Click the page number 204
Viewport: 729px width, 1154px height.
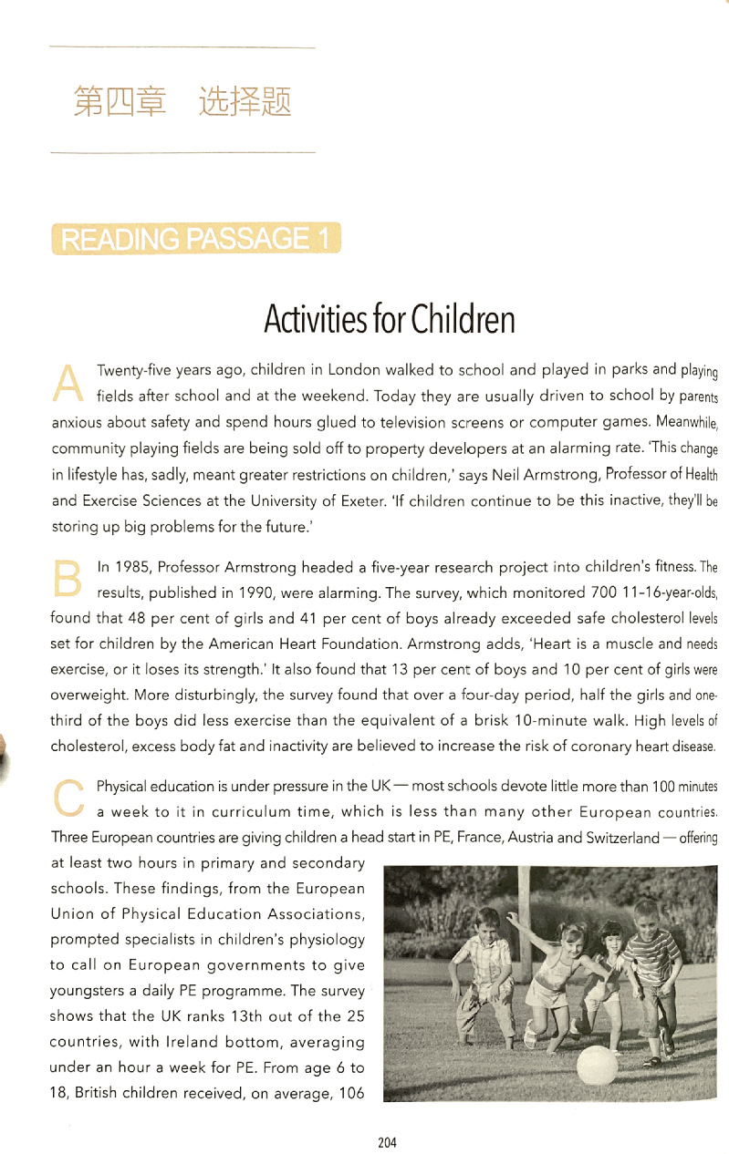pyautogui.click(x=387, y=1142)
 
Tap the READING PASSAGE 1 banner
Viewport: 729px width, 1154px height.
pyautogui.click(x=195, y=239)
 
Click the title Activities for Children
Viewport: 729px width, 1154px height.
pyautogui.click(x=389, y=320)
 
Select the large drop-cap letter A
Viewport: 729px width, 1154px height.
pyautogui.click(x=68, y=381)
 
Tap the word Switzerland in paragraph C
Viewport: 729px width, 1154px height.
pyautogui.click(x=618, y=838)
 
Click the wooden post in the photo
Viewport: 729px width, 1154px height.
pyautogui.click(x=526, y=912)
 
